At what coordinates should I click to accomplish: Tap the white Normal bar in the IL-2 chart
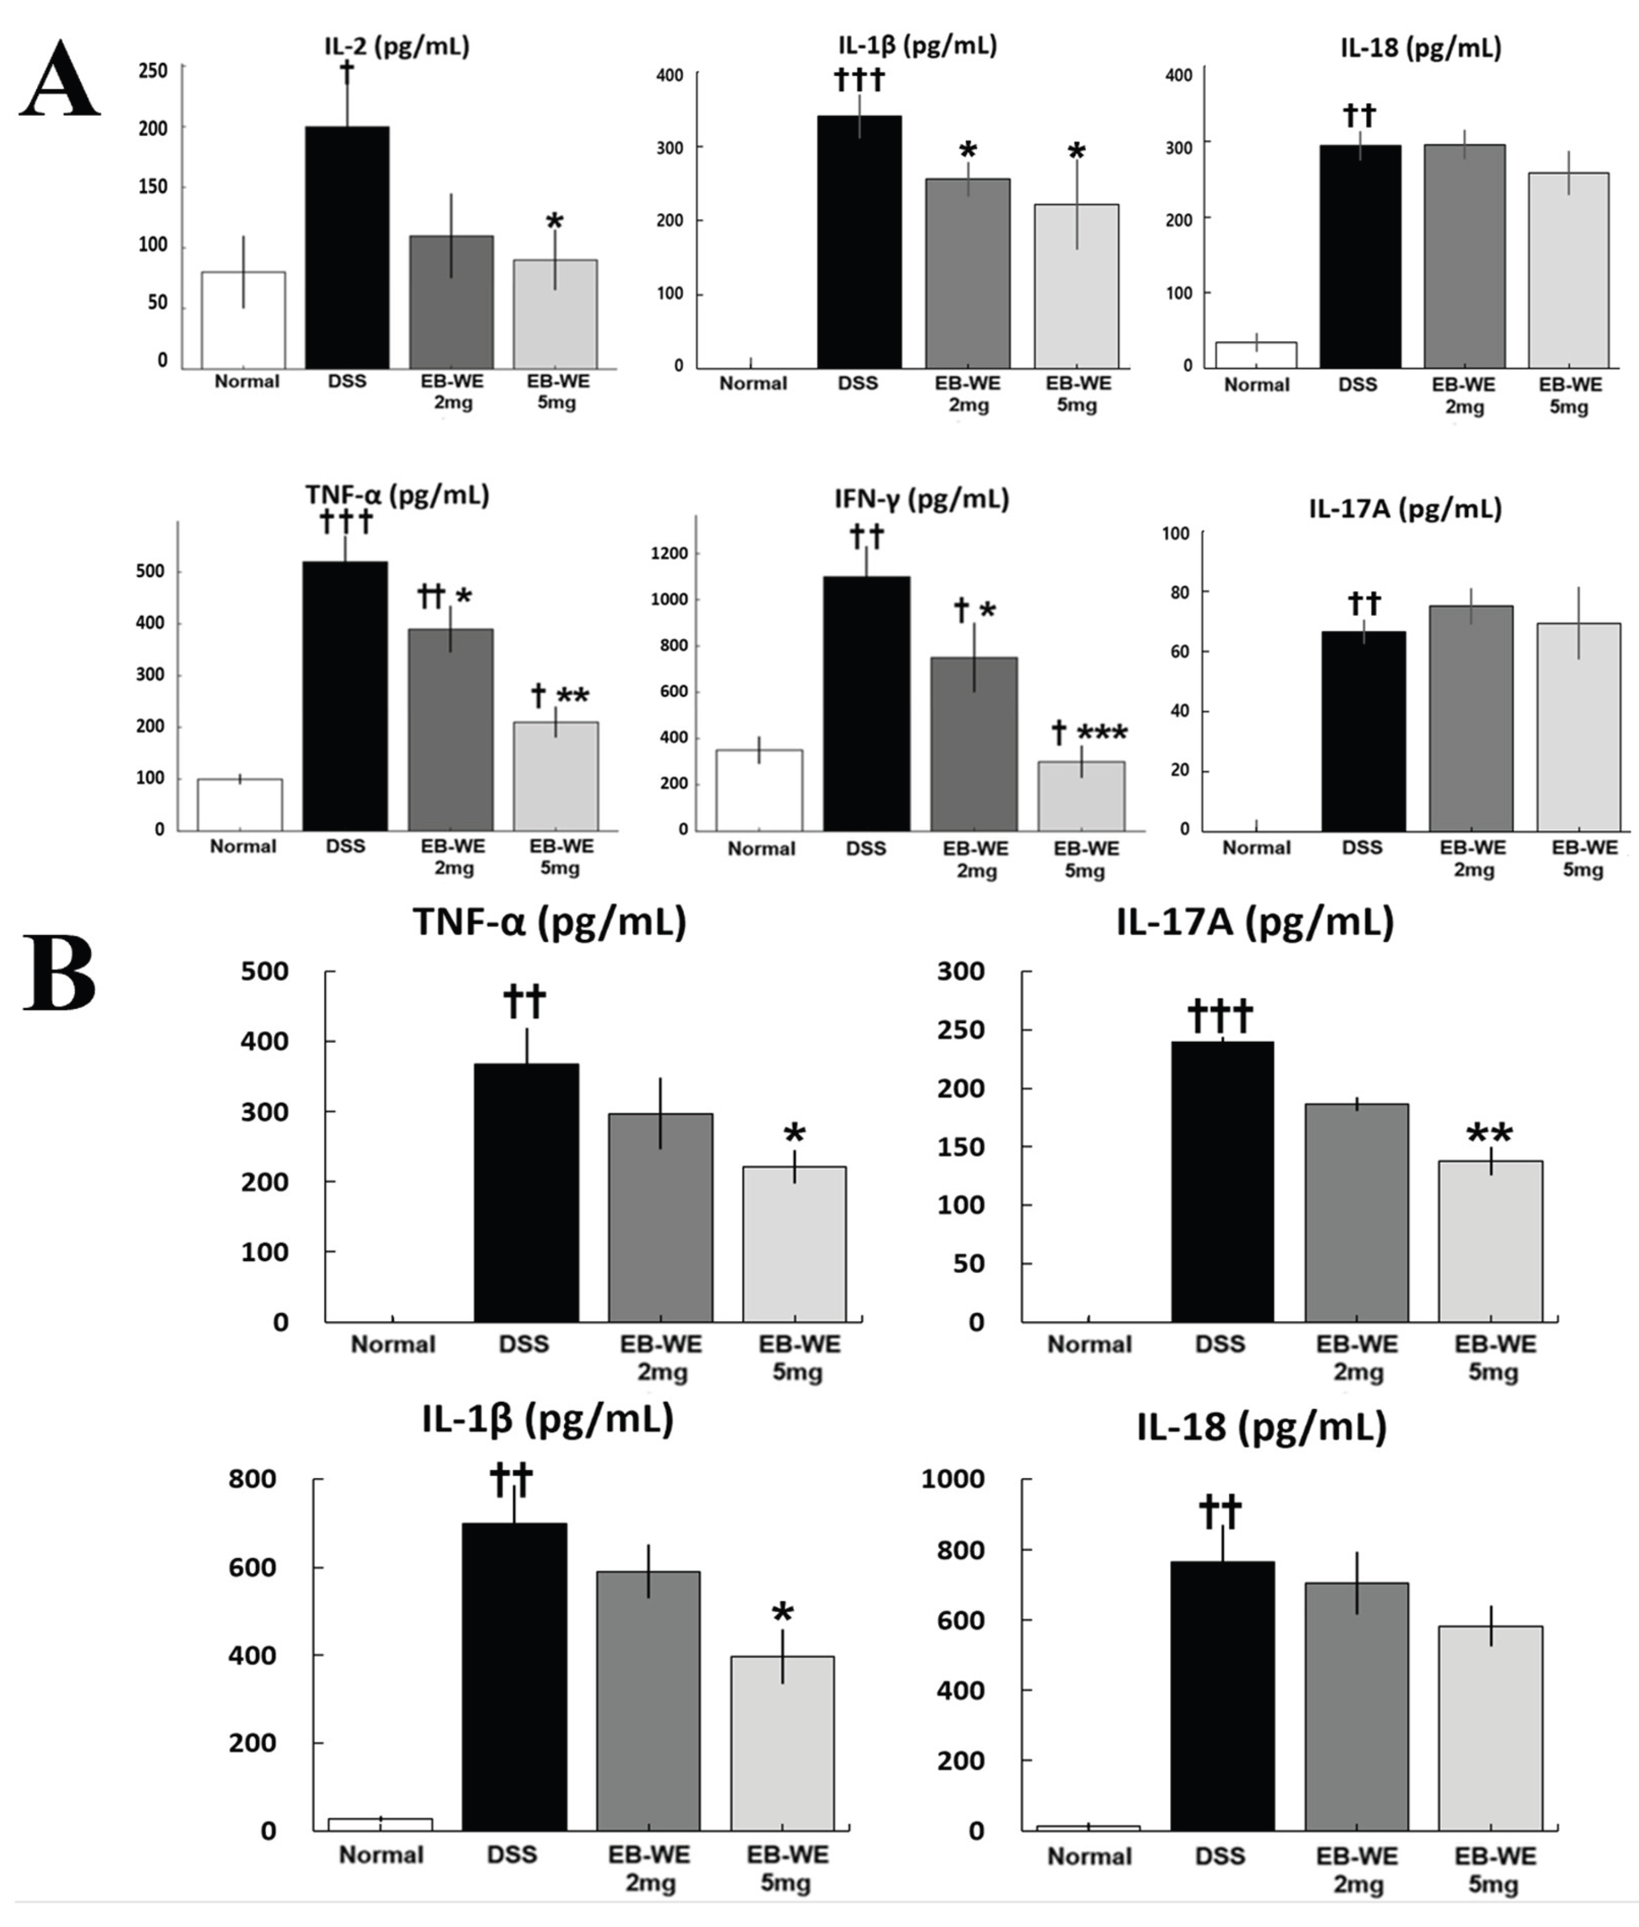click(x=243, y=321)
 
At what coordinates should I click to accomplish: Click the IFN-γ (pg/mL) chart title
click(x=921, y=500)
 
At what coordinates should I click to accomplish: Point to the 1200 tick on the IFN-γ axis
click(x=669, y=554)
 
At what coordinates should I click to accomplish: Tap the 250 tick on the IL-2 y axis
click(x=154, y=71)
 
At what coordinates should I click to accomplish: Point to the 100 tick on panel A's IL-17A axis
click(x=1176, y=533)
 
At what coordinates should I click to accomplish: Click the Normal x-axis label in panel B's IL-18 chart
click(x=1089, y=1856)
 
